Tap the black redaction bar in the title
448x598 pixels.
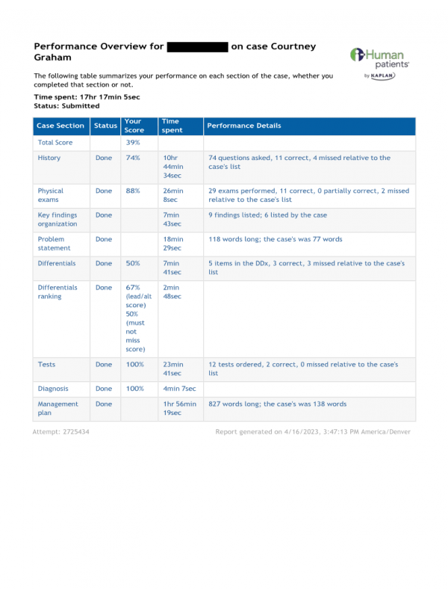(197, 46)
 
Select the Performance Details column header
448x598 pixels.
(233, 126)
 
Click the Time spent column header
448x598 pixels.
(172, 126)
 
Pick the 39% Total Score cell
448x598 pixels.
(132, 142)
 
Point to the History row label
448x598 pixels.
(49, 158)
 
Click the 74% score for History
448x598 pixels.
(133, 158)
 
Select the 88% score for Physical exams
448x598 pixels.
(133, 191)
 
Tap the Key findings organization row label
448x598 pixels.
(57, 219)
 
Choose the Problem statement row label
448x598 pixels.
(54, 243)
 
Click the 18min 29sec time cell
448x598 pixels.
(172, 243)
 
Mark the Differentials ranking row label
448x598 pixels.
(57, 292)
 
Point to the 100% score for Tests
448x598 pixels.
(134, 364)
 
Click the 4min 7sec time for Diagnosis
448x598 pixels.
(179, 389)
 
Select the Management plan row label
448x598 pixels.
(57, 408)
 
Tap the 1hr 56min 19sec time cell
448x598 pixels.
(179, 408)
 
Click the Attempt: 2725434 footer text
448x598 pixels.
(61, 432)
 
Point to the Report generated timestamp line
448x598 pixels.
(312, 432)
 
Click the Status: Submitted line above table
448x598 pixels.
(66, 106)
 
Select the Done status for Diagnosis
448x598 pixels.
(104, 389)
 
